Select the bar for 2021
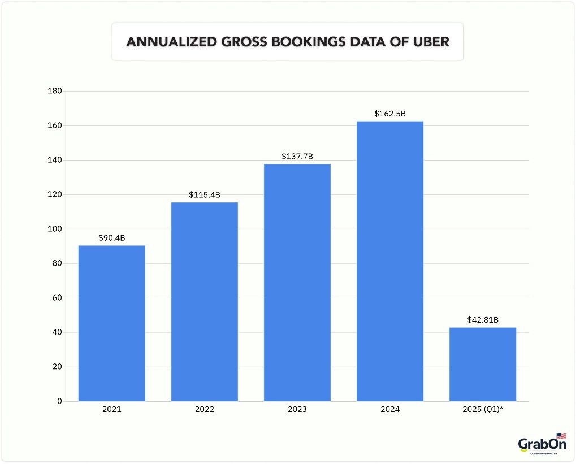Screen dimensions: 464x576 [111, 323]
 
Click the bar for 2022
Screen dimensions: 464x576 [204, 302]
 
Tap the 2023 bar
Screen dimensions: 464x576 [297, 283]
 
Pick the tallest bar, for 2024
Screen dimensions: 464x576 [390, 261]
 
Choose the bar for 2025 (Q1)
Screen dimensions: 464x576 [483, 365]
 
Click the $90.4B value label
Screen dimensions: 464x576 [111, 238]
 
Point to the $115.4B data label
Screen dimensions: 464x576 [204, 195]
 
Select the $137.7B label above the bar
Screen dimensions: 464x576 [297, 157]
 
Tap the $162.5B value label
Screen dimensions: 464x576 [390, 114]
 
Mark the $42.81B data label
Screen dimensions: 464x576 [483, 320]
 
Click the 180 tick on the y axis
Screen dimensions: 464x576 [55, 91]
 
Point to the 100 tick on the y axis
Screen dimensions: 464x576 [55, 229]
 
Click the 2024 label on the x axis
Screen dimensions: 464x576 [390, 409]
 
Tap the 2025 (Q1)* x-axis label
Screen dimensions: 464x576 [483, 409]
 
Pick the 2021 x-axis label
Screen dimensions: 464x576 [111, 409]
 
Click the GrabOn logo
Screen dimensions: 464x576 [542, 444]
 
